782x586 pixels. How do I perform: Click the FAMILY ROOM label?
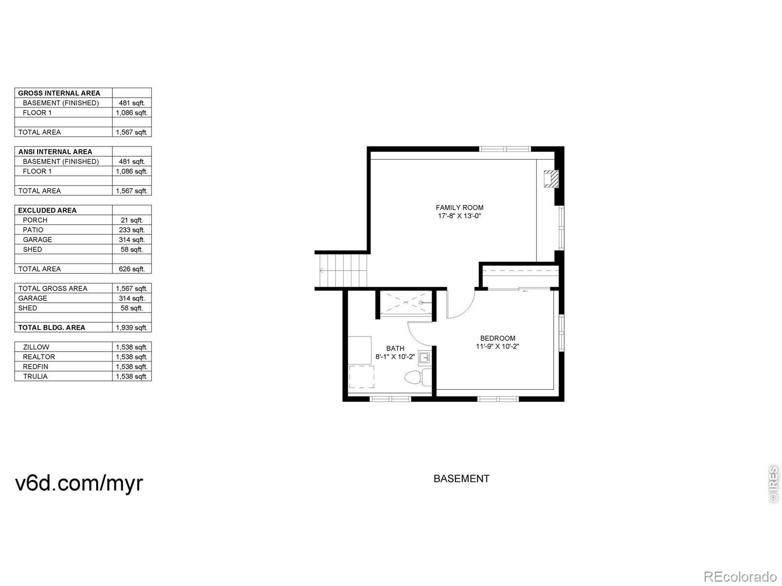pos(459,208)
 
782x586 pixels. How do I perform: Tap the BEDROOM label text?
pos(498,338)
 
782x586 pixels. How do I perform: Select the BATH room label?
pos(395,348)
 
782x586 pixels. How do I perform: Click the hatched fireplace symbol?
pos(551,179)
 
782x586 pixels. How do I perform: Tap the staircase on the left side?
pos(343,271)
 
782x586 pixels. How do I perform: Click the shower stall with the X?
pos(406,302)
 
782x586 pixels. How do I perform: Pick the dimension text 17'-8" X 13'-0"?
pos(459,216)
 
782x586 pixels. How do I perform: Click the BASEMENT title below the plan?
pos(461,479)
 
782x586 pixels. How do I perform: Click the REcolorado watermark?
pos(740,576)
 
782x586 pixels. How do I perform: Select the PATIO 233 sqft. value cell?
pos(132,230)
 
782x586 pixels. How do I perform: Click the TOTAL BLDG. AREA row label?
pos(52,328)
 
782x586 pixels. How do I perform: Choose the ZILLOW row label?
pos(36,347)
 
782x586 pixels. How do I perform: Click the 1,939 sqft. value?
pos(131,328)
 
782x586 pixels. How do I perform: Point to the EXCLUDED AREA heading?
pos(47,210)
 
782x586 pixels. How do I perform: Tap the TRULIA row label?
pos(35,377)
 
